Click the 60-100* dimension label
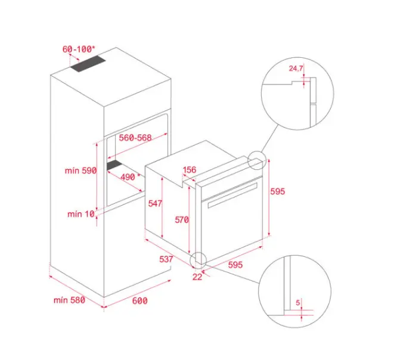79,49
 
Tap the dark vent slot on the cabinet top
88,64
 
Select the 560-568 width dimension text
135,138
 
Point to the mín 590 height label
80,170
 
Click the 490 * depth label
130,177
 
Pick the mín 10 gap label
81,214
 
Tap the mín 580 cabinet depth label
69,300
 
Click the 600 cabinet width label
139,300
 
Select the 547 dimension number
155,203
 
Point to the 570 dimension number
182,220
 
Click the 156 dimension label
190,170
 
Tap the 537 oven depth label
166,259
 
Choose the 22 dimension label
197,277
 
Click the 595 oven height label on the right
278,191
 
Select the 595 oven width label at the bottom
235,265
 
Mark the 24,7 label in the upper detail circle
296,68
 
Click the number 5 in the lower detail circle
298,303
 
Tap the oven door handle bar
232,195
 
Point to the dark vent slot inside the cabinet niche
114,166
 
